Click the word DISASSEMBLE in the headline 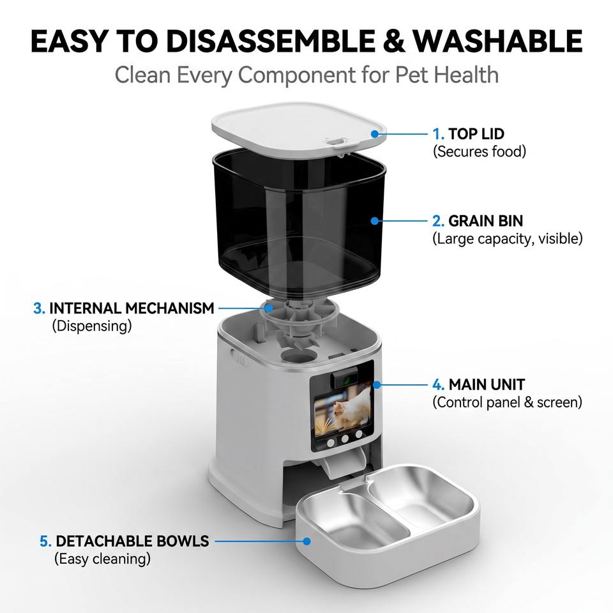point(271,41)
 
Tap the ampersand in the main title point(394,41)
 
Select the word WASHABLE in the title point(497,41)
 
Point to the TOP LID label point(476,134)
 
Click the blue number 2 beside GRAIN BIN point(438,222)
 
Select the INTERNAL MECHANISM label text point(132,308)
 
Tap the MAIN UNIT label point(487,384)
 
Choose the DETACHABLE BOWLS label point(133,541)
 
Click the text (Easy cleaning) point(102,559)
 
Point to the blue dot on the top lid point(375,134)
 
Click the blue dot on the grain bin point(375,221)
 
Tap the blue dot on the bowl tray point(307,541)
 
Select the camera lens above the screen point(345,379)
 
